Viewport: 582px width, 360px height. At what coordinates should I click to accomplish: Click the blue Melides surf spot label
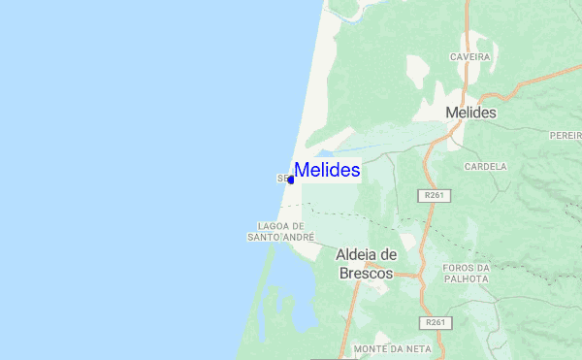(327, 171)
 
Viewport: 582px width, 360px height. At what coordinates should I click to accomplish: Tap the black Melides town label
(470, 114)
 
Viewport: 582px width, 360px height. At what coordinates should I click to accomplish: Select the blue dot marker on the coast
(291, 180)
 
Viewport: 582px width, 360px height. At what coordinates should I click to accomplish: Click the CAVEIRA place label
(470, 57)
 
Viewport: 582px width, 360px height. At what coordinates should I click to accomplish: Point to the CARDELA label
(486, 167)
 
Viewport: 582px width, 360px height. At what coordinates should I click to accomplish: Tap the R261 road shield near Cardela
(436, 195)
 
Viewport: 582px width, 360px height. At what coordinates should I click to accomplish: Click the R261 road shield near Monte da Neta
(436, 322)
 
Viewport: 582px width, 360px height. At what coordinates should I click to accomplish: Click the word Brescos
(366, 274)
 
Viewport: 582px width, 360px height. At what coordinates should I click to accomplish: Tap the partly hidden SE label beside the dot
(281, 179)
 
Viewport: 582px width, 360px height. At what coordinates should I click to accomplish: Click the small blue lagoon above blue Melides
(323, 153)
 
